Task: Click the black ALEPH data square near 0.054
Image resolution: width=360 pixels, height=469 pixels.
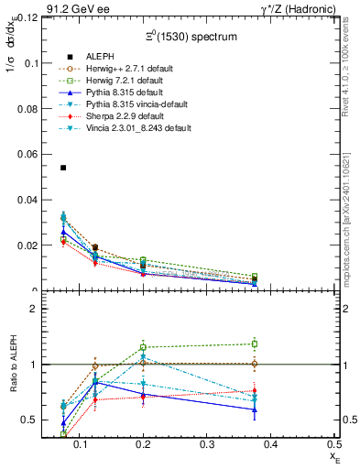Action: tap(63, 168)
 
